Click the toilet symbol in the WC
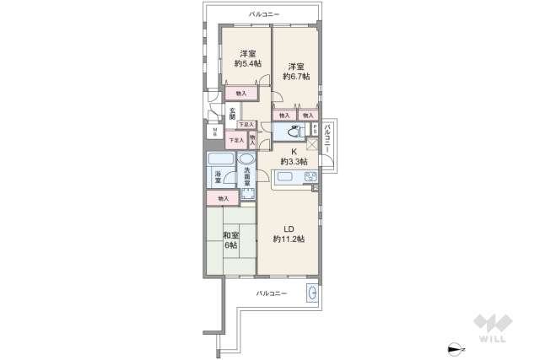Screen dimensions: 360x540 [292, 132]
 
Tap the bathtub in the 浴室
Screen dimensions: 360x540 [221, 159]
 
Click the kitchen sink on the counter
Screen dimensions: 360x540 [285, 177]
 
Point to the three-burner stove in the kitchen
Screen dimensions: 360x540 [309, 177]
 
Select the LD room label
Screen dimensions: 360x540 [288, 228]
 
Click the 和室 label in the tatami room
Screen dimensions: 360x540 [230, 235]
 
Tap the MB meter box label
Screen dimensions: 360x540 [214, 132]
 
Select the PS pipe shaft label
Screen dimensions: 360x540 [316, 131]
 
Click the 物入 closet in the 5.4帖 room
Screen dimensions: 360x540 [241, 93]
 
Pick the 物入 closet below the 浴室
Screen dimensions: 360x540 [223, 199]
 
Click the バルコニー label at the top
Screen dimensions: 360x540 [264, 14]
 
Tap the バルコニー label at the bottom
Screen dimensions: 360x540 [272, 293]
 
